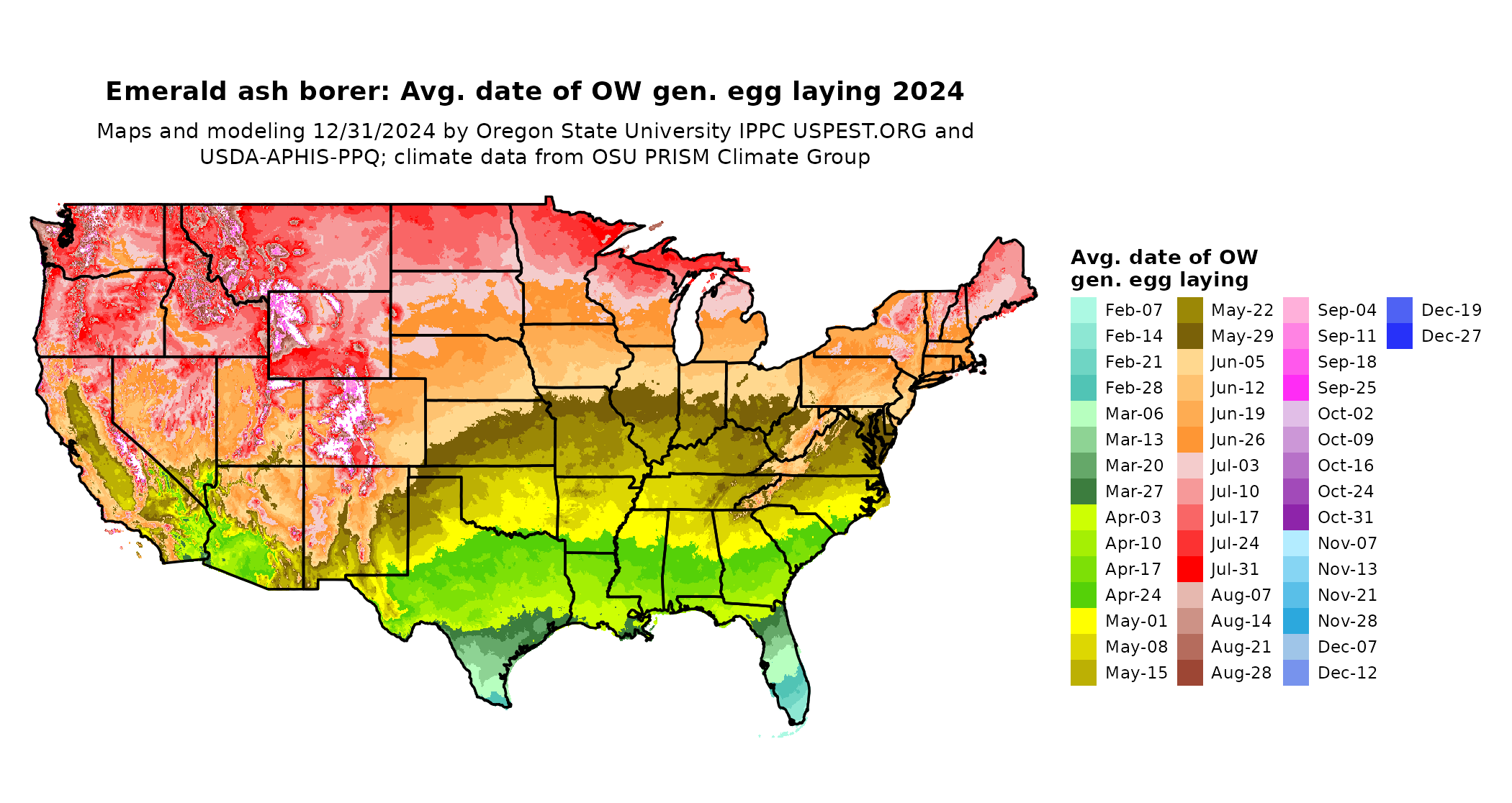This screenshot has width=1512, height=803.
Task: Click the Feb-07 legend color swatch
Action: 1084,310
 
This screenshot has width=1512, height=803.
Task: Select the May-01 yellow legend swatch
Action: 1084,621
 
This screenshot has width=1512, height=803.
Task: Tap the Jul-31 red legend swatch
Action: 1190,569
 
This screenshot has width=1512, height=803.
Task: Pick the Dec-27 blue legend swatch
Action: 1399,336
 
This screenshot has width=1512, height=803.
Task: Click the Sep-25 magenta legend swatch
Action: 1296,388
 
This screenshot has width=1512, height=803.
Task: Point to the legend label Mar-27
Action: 1134,491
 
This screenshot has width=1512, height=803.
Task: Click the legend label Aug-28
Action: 1241,673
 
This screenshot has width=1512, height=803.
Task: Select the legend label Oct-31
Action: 1346,517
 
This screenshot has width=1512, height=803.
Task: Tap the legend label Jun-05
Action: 1238,362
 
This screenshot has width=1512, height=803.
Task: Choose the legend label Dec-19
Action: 1452,310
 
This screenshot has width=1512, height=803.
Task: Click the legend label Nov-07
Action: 1347,543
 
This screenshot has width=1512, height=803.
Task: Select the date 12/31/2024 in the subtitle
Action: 374,131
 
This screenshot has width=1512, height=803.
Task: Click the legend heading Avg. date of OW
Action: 1164,257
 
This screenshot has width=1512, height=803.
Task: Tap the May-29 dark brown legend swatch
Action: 1190,336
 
